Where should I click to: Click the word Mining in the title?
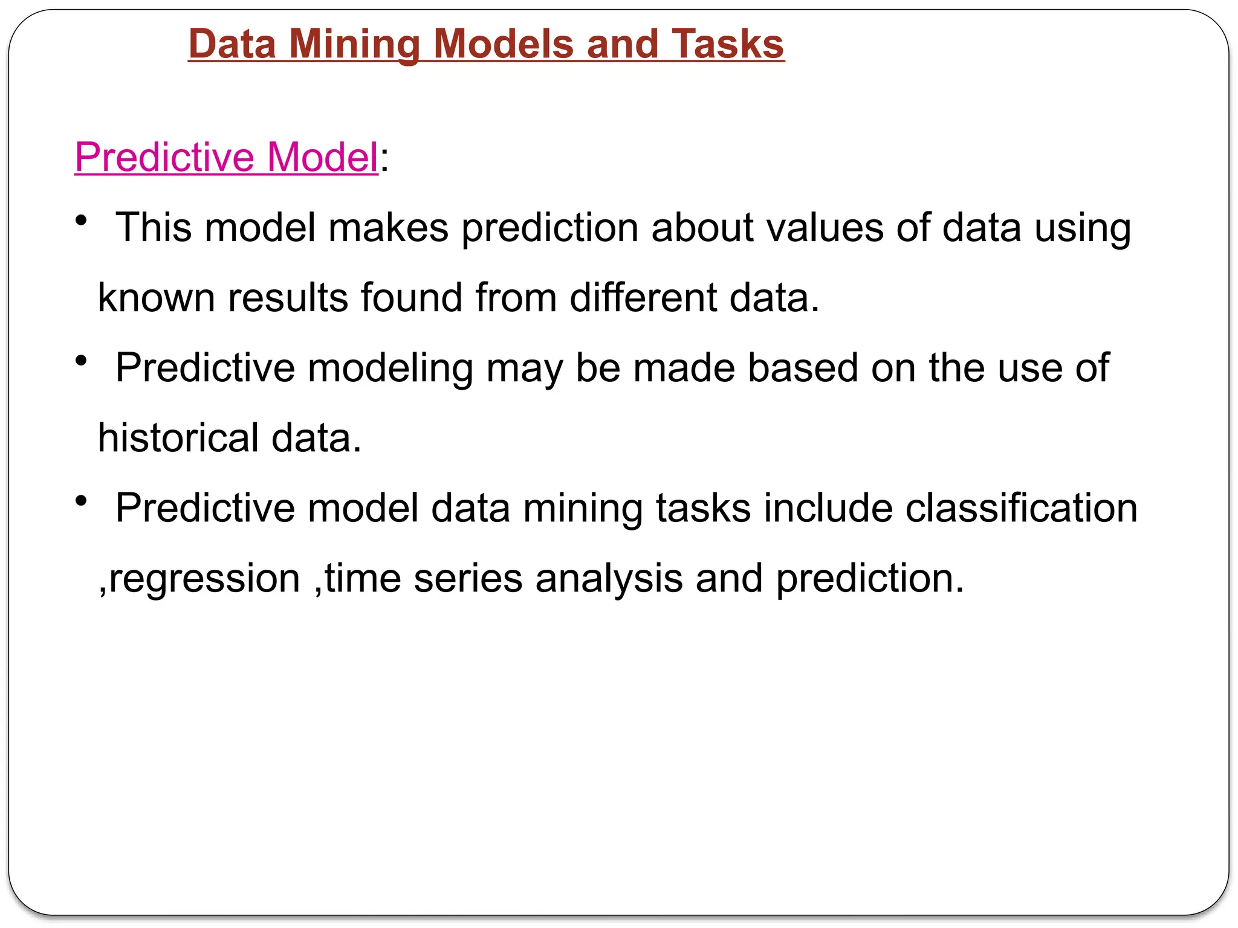click(x=354, y=45)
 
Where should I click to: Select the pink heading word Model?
click(x=322, y=157)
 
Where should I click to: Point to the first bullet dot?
click(x=82, y=221)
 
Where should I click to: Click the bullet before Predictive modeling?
click(x=82, y=361)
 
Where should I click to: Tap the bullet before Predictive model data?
click(x=82, y=501)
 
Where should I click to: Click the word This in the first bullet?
click(x=154, y=228)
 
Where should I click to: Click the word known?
click(x=156, y=298)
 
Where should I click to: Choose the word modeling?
click(x=390, y=369)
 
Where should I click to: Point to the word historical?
click(x=178, y=438)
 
